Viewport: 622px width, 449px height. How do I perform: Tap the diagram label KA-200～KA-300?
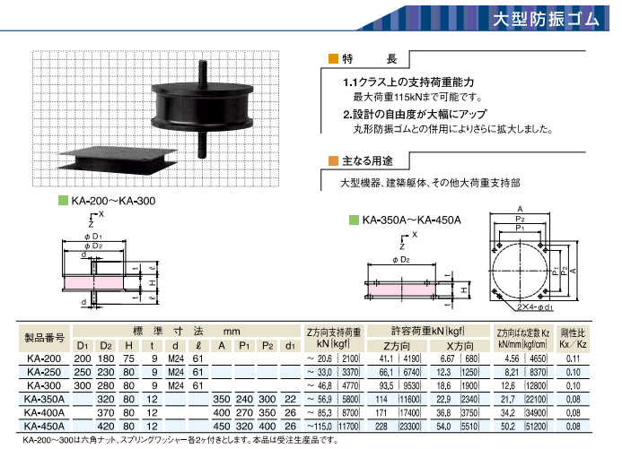[x=112, y=202]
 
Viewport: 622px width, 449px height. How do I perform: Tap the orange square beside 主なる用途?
[x=333, y=161]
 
